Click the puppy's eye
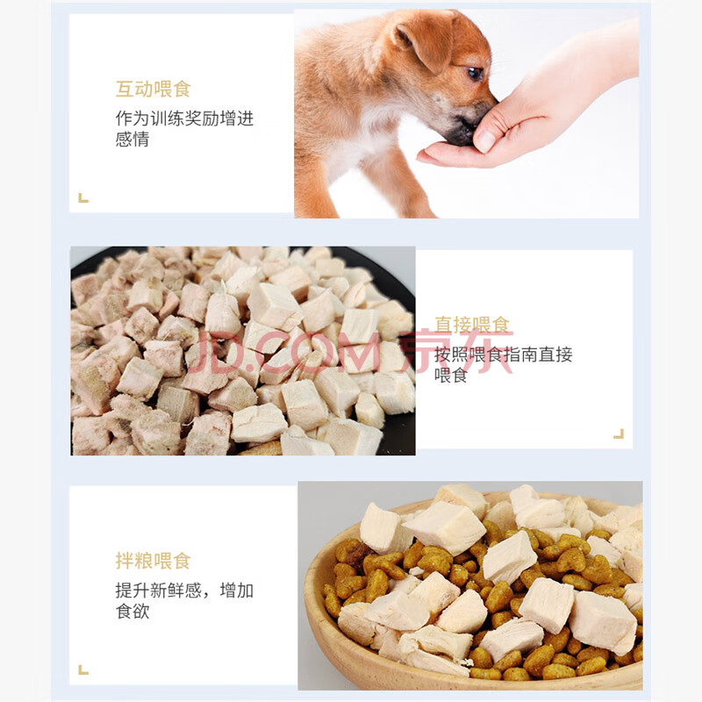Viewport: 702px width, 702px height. pyautogui.click(x=475, y=73)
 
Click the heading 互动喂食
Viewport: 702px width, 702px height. pyautogui.click(x=154, y=90)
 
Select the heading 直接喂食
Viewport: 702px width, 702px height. pyautogui.click(x=472, y=325)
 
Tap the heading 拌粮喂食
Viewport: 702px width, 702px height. pyautogui.click(x=154, y=561)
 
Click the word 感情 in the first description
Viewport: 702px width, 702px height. pyautogui.click(x=133, y=139)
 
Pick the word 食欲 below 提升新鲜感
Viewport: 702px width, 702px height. pyautogui.click(x=133, y=611)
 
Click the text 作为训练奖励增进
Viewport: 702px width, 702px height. pyautogui.click(x=184, y=118)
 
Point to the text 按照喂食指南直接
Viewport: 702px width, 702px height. pyautogui.click(x=503, y=355)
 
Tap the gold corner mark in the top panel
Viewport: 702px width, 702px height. pyautogui.click(x=83, y=198)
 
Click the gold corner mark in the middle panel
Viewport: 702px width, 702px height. pyautogui.click(x=619, y=433)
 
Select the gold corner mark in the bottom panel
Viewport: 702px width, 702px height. pyautogui.click(x=83, y=670)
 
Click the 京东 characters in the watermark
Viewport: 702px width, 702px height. pyautogui.click(x=456, y=352)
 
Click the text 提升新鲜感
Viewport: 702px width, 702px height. pyautogui.click(x=159, y=591)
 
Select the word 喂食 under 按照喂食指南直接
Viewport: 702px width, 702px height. pyautogui.click(x=451, y=376)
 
